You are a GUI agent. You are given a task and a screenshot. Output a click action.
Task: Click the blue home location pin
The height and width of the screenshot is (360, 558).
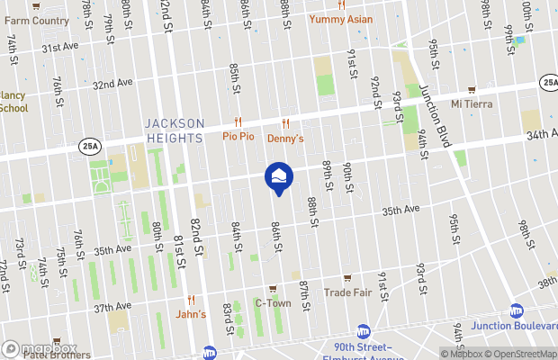pyautogui.click(x=278, y=177)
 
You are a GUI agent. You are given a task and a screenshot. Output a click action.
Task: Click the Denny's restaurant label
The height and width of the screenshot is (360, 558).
pyautogui.click(x=285, y=139)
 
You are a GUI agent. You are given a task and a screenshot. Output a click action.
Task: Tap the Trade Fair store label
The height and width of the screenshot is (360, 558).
pyautogui.click(x=348, y=292)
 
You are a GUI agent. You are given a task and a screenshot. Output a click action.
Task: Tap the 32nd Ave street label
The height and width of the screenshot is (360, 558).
pyautogui.click(x=112, y=84)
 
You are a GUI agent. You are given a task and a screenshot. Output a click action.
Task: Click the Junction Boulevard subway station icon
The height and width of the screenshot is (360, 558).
pyautogui.click(x=517, y=310)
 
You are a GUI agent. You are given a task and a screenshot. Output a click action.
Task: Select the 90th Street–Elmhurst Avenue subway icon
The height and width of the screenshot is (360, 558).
pyautogui.click(x=364, y=331)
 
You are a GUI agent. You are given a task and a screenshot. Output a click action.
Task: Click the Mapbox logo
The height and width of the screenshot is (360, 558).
pyautogui.click(x=38, y=348)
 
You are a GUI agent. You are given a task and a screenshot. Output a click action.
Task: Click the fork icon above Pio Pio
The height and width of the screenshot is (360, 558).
pyautogui.click(x=238, y=122)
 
